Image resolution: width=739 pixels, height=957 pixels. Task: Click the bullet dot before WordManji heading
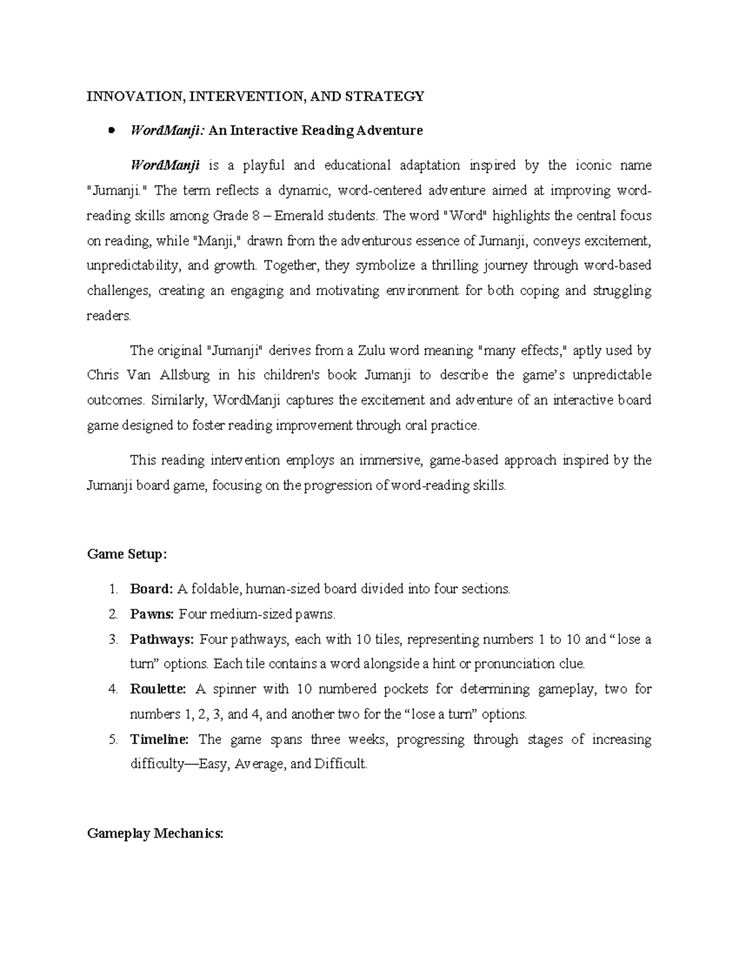[x=111, y=131]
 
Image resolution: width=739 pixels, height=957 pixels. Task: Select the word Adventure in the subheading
[x=392, y=131]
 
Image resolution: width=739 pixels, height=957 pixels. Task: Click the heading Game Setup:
[x=127, y=555]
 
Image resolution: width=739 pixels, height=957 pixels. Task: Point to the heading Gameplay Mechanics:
[x=155, y=834]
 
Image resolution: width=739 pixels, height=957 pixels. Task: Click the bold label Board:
[x=151, y=589]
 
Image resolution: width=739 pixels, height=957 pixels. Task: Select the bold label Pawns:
[x=153, y=614]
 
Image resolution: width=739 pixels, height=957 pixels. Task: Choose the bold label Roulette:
[x=158, y=690]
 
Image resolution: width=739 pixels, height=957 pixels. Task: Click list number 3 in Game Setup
[x=112, y=640]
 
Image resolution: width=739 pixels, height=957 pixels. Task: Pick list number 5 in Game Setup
[x=112, y=739]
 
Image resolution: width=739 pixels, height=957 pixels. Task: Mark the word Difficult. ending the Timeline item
[x=341, y=765]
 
